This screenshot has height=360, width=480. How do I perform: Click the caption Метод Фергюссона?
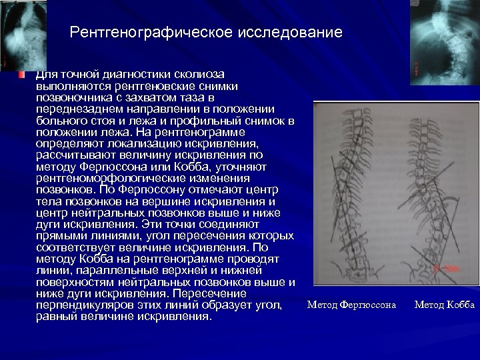point(351,305)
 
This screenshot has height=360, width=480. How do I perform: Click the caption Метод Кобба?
point(444,305)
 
